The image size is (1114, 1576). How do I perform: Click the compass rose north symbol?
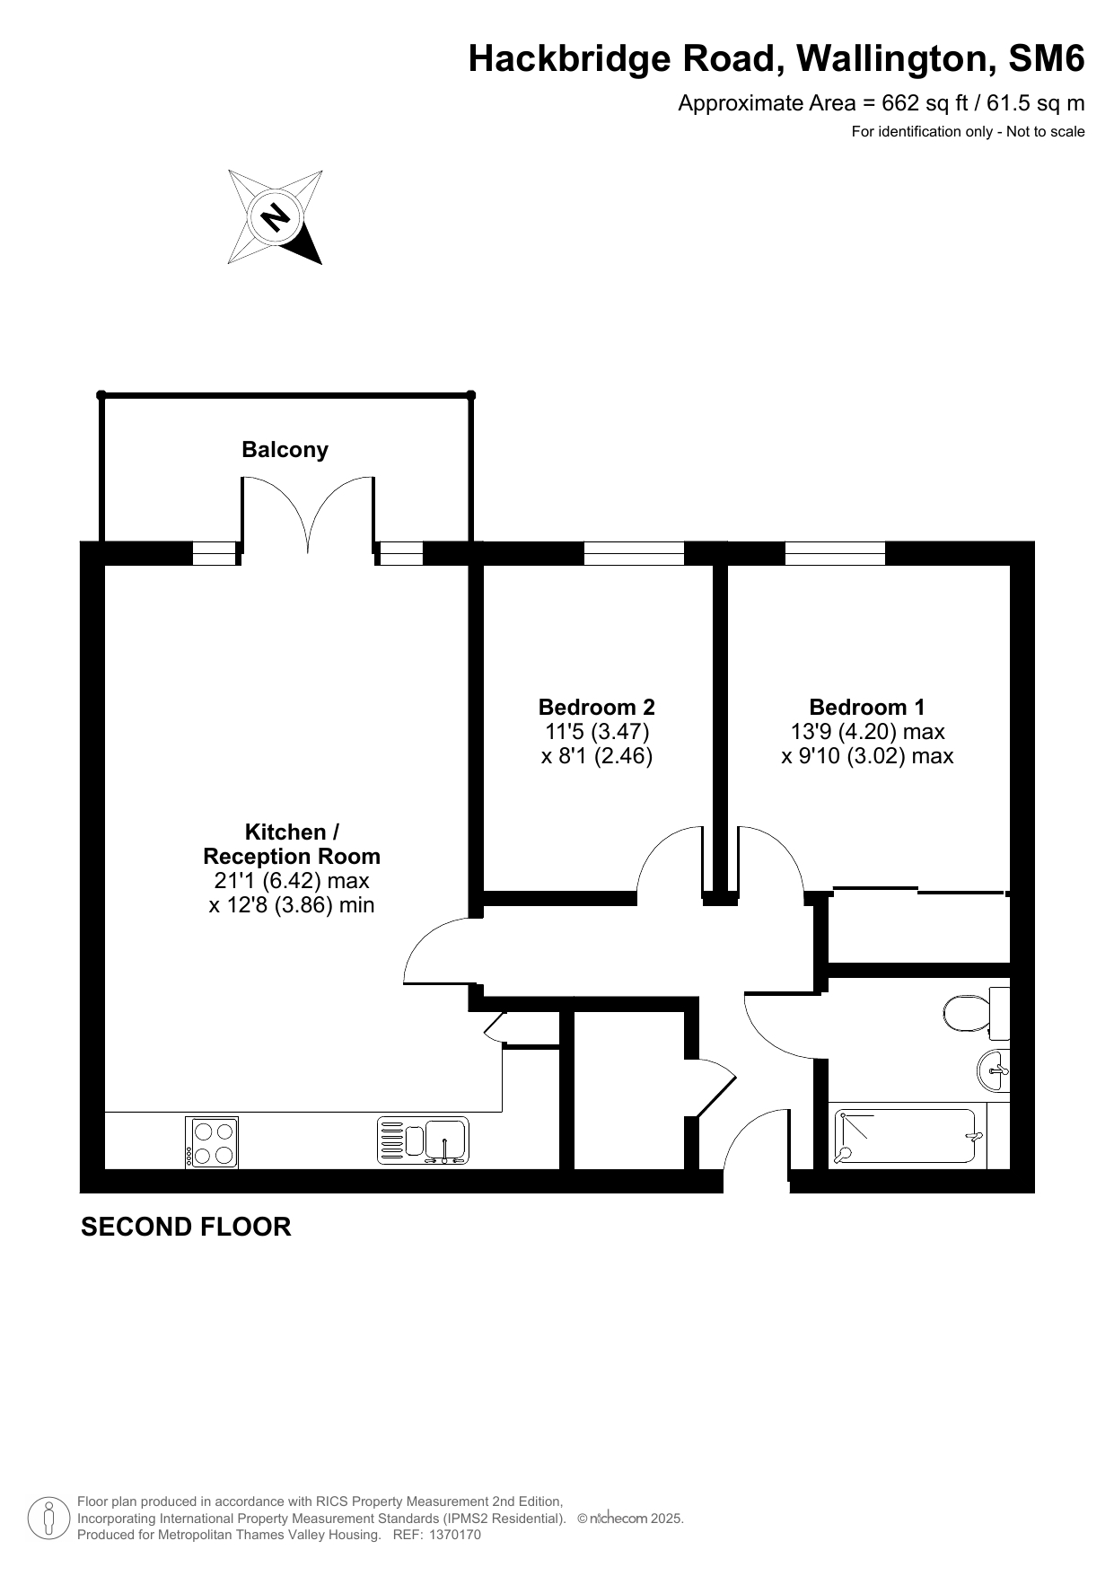pyautogui.click(x=276, y=216)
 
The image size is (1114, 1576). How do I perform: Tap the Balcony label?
pyautogui.click(x=285, y=450)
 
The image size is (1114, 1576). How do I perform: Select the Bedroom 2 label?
pyautogui.click(x=597, y=707)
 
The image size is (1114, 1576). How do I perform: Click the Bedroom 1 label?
pyautogui.click(x=867, y=707)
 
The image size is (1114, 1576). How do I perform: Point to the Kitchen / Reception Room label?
pyautogui.click(x=292, y=844)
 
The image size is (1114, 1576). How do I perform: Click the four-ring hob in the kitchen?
pyautogui.click(x=212, y=1141)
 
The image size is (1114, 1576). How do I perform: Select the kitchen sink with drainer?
pyautogui.click(x=423, y=1140)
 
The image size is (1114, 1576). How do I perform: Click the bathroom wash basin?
pyautogui.click(x=994, y=1070)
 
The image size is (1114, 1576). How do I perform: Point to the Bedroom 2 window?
pyautogui.click(x=634, y=553)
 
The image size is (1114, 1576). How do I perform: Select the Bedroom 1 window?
pyautogui.click(x=835, y=553)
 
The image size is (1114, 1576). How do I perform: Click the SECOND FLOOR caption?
pyautogui.click(x=186, y=1227)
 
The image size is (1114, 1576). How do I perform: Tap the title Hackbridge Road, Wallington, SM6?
pyautogui.click(x=776, y=59)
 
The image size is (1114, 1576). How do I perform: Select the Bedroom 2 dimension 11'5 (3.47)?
pyautogui.click(x=597, y=731)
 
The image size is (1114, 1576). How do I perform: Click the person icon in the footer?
pyautogui.click(x=49, y=1519)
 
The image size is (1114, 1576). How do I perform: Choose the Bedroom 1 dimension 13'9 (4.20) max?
pyautogui.click(x=867, y=731)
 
